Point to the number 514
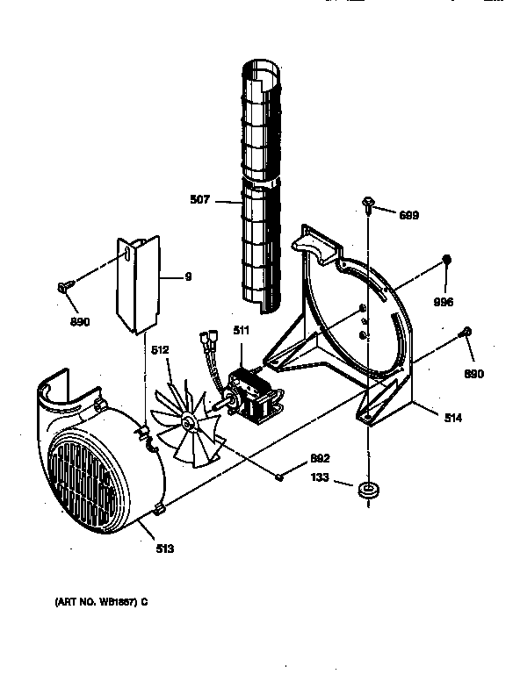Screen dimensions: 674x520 click(453, 418)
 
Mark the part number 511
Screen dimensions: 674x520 click(241, 332)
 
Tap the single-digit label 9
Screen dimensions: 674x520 click(187, 277)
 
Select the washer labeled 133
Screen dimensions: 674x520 click(367, 488)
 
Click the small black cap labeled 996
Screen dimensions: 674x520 click(446, 259)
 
